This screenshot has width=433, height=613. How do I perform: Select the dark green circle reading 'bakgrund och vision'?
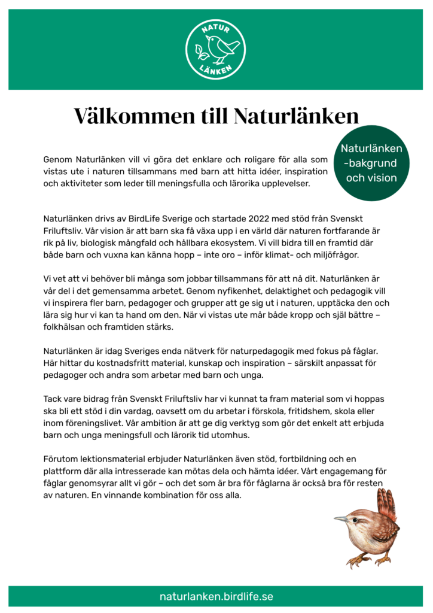[371, 163]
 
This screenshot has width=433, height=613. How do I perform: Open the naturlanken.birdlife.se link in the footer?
[216, 596]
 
